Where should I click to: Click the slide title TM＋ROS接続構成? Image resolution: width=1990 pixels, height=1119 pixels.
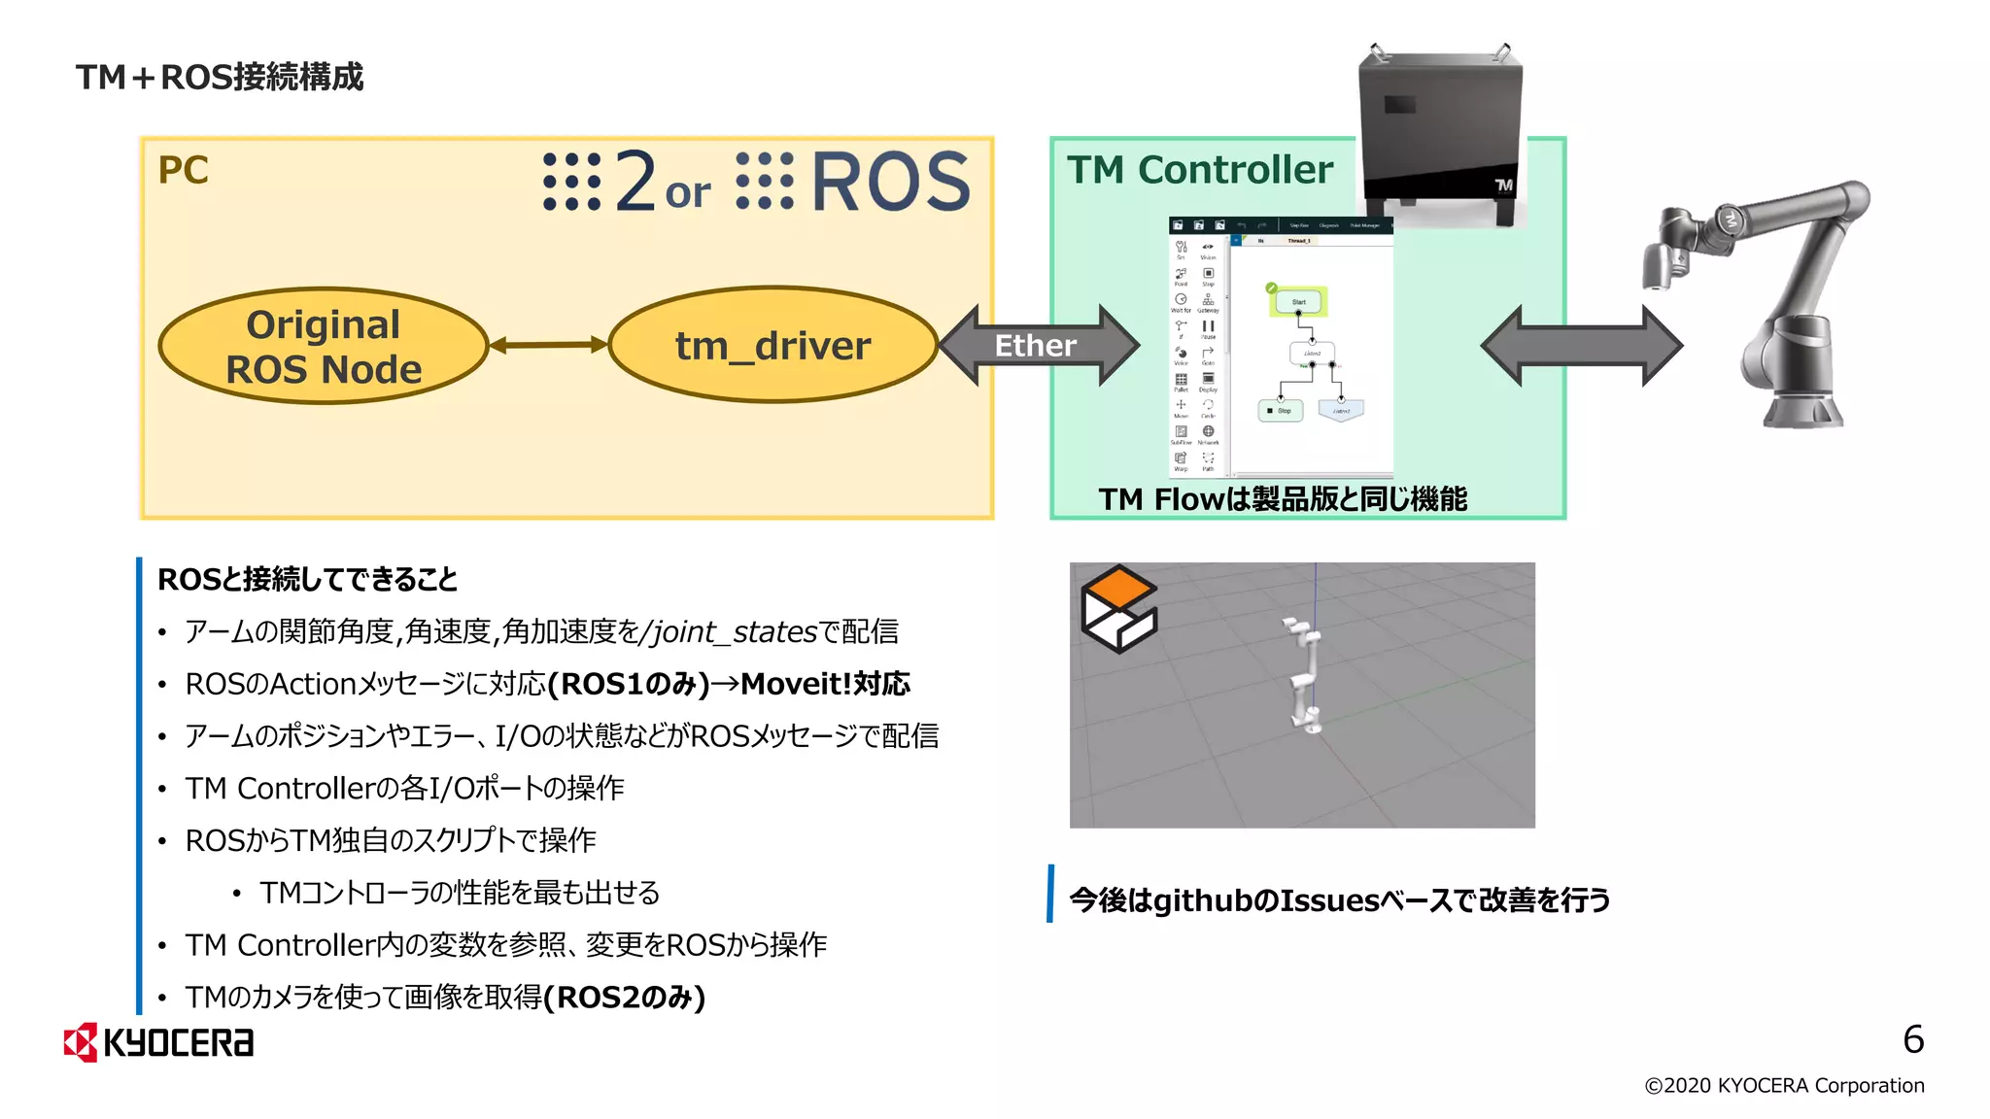point(220,77)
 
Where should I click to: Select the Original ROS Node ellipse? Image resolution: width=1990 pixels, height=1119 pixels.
point(323,347)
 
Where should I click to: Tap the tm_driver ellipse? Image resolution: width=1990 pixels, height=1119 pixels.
point(772,345)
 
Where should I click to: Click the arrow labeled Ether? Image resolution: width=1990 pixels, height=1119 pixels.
point(1037,346)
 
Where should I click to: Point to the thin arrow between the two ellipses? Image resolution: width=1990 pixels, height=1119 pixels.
point(547,344)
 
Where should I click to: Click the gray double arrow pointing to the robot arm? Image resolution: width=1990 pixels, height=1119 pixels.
point(1581,346)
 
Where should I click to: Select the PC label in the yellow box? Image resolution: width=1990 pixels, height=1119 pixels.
point(183,171)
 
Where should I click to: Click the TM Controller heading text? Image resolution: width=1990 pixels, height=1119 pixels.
point(1200,170)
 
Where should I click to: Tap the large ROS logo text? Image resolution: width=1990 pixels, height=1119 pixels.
point(889,182)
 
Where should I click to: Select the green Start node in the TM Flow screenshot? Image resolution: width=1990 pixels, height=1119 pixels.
point(1298,302)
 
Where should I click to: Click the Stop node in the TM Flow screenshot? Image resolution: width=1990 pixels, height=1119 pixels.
point(1280,411)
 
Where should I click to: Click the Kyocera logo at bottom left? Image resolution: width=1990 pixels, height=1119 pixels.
point(158,1042)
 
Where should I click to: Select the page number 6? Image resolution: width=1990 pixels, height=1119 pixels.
point(1912,1039)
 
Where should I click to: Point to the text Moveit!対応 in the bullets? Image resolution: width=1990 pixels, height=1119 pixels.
point(825,684)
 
